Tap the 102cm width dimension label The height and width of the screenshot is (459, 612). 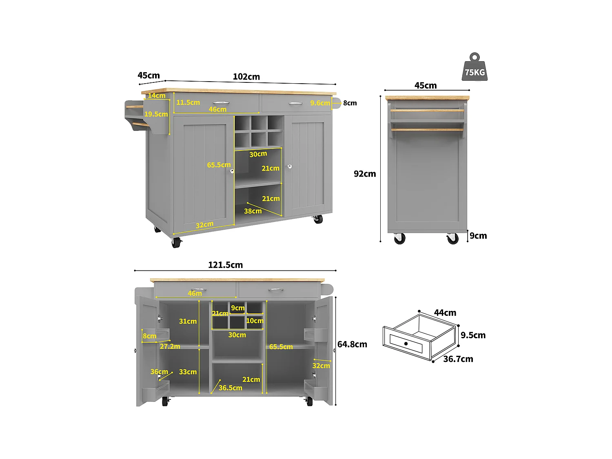(x=246, y=77)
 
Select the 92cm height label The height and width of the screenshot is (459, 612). (x=365, y=174)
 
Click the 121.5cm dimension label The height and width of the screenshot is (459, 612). (x=225, y=265)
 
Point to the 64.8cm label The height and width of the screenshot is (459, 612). (x=352, y=344)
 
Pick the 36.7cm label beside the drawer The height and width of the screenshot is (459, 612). (x=458, y=359)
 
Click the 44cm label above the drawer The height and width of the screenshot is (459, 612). (x=445, y=313)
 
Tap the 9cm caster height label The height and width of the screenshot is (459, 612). (x=478, y=236)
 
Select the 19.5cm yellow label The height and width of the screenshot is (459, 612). (x=156, y=114)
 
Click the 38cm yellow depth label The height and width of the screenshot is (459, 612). (x=253, y=211)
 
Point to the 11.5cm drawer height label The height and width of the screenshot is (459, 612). (x=188, y=102)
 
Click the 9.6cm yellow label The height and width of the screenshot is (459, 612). (x=320, y=103)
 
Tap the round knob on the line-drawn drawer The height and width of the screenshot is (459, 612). (x=406, y=344)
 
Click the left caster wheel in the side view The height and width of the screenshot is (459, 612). (x=400, y=239)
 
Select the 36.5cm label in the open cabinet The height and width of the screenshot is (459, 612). (x=230, y=388)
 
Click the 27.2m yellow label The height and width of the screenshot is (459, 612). (x=170, y=346)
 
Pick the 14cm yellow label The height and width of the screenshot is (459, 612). (x=157, y=95)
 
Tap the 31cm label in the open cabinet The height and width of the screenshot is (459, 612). (x=188, y=322)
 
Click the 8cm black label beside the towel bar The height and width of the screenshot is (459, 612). (x=350, y=103)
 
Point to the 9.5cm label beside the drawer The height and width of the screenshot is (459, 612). (x=473, y=335)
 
